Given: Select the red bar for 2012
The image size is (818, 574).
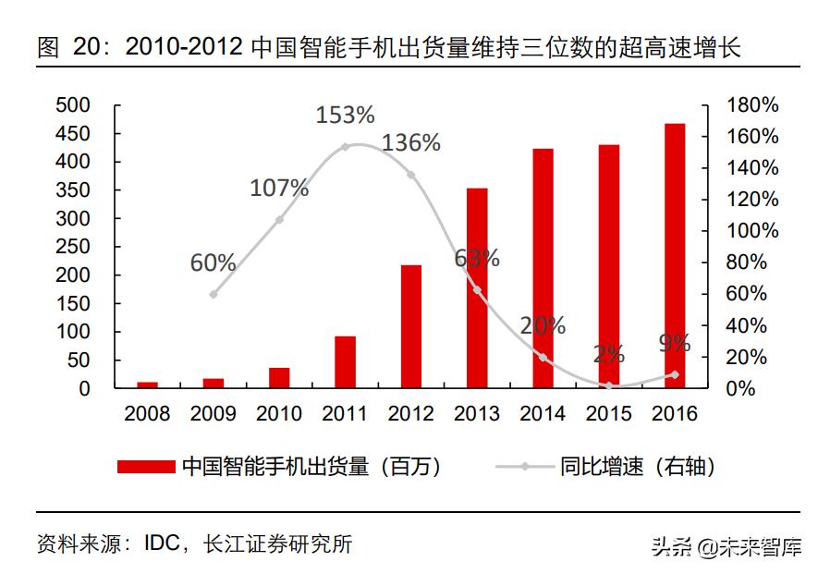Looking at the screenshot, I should [x=411, y=326].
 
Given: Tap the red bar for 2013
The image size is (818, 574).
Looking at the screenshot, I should [x=477, y=287].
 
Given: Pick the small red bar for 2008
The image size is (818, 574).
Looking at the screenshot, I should [x=148, y=385].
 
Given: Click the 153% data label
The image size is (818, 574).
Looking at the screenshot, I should [x=345, y=116].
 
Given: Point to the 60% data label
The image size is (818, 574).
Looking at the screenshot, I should [x=214, y=263].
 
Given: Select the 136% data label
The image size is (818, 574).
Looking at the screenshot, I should [x=411, y=143].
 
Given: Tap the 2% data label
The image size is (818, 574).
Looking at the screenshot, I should [x=609, y=354].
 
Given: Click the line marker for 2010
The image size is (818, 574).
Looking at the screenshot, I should [x=279, y=220].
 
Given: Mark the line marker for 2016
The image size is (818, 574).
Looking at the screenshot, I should [x=674, y=374].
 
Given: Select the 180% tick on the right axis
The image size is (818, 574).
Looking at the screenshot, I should [x=753, y=105].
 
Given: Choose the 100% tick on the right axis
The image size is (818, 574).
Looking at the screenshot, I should [x=753, y=231].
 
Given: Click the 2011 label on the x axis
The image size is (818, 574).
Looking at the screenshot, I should [x=345, y=414].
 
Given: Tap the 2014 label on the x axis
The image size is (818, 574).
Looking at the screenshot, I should [x=543, y=414].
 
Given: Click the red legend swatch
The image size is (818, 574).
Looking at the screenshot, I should [x=146, y=467].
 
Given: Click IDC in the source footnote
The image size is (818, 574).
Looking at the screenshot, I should [x=164, y=543].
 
